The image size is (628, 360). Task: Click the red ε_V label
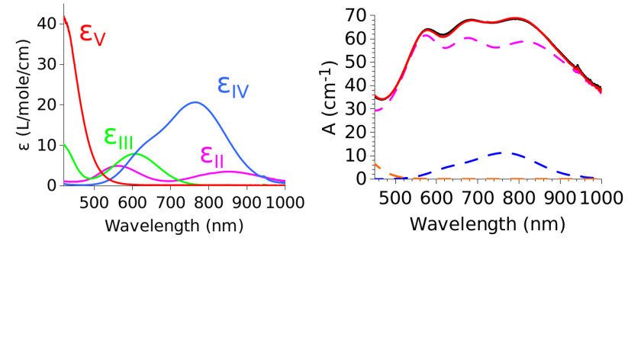(x=92, y=34)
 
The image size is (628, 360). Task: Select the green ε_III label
(x=118, y=137)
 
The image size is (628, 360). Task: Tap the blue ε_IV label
(x=233, y=85)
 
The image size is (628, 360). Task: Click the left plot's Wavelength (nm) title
(x=174, y=226)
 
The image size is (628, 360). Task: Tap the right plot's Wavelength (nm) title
(x=487, y=224)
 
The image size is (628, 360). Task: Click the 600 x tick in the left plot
(x=132, y=202)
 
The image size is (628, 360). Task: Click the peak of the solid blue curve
(x=195, y=102)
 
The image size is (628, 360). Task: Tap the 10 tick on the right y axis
(x=354, y=155)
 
